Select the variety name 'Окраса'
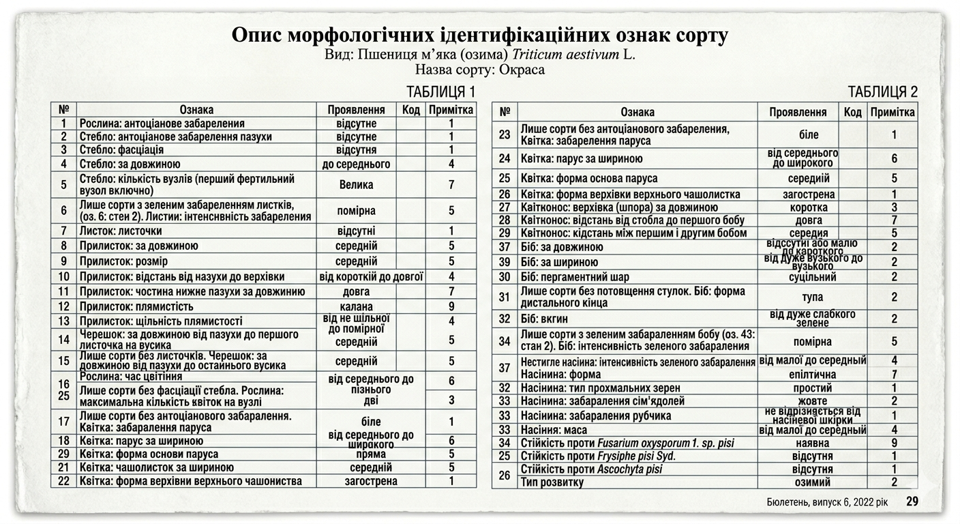click(522, 70)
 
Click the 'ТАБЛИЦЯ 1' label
click(440, 92)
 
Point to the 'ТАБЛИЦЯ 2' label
click(882, 92)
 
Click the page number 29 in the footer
click(912, 501)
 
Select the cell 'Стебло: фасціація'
click(121, 149)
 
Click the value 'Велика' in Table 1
click(356, 184)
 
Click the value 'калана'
click(356, 306)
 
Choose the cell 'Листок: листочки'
click(121, 231)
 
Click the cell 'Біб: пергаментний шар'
click(575, 277)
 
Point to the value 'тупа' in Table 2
click(812, 297)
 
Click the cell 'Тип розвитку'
click(552, 482)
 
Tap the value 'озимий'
click(812, 482)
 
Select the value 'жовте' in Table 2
click(812, 401)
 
